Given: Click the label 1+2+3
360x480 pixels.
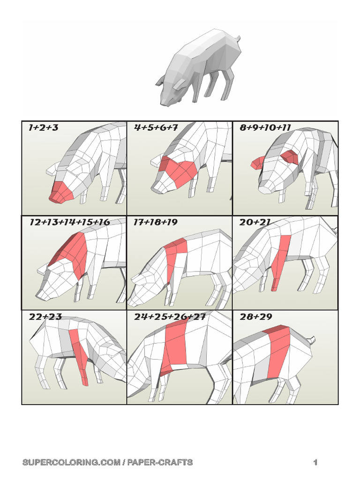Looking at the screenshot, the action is click(43, 127).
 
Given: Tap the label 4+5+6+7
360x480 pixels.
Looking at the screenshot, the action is click(156, 127).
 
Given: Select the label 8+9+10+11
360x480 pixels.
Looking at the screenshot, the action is click(265, 127).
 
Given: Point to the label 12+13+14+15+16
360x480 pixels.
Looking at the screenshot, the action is click(69, 222).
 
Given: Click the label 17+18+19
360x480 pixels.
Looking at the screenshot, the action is click(155, 222).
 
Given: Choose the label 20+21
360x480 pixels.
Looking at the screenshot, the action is click(255, 222).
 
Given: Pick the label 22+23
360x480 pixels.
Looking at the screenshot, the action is click(45, 316).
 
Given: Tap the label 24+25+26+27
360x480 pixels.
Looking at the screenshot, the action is click(170, 316).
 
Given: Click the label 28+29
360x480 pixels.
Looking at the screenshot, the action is click(255, 316).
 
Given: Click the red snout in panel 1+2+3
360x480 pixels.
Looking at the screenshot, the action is click(61, 193).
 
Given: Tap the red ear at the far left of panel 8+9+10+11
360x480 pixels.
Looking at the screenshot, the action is click(258, 162).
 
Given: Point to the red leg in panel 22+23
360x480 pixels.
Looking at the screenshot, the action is click(80, 355).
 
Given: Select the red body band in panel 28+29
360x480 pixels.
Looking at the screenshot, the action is click(278, 352).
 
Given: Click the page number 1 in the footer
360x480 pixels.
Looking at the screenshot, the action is click(315, 462).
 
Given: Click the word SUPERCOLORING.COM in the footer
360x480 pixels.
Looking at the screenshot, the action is click(71, 462).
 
